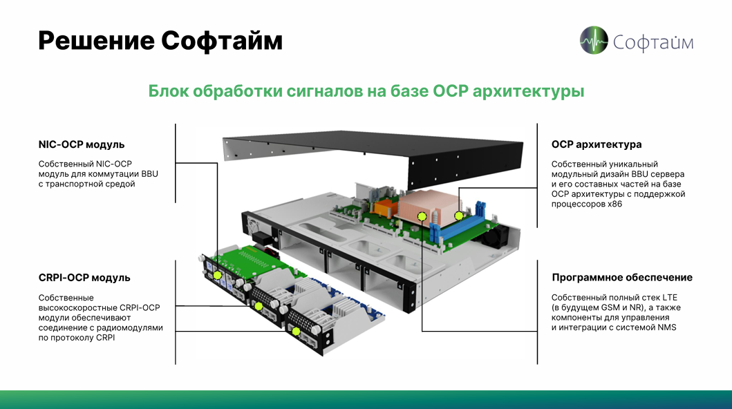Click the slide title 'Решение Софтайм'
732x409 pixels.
(160, 41)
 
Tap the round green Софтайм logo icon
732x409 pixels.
(594, 40)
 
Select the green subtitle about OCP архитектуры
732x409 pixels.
(366, 91)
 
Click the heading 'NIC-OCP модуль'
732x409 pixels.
(82, 144)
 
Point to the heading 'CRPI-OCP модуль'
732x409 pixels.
(84, 278)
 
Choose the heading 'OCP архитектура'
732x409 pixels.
(596, 144)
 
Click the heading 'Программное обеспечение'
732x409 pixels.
(622, 278)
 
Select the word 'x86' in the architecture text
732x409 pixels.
(614, 204)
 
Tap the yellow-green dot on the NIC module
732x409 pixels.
(217, 275)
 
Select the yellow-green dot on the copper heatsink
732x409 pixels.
(422, 216)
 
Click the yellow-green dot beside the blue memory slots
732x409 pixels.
(459, 216)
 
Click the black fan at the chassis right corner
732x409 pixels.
(496, 236)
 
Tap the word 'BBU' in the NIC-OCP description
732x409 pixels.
(149, 174)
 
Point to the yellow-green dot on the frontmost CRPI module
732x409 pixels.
(296, 331)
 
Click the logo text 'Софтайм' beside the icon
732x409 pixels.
(653, 42)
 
